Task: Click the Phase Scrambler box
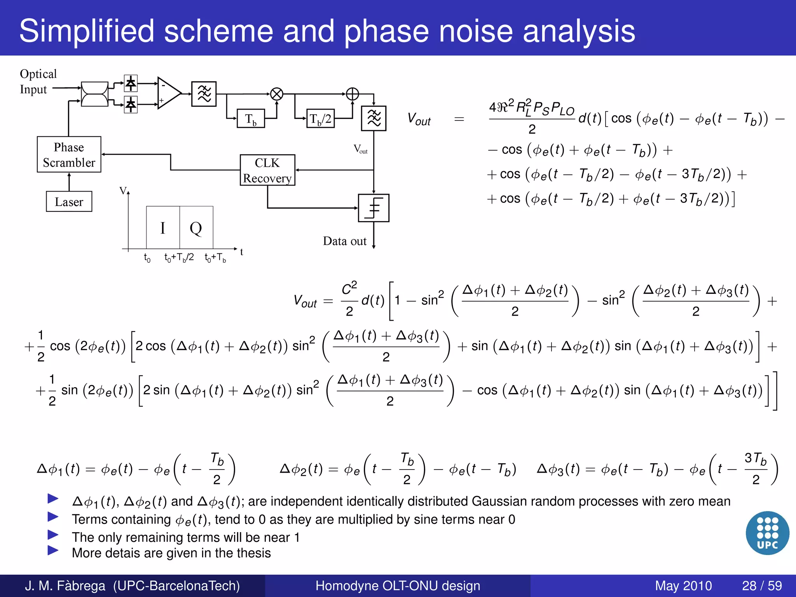tap(69, 154)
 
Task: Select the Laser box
tap(69, 201)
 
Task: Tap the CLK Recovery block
tap(267, 170)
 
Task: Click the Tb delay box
tap(251, 119)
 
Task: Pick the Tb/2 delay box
tap(320, 119)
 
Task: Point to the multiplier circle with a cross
tap(277, 94)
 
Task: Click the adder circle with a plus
tap(352, 94)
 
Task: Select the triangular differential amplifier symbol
tap(168, 93)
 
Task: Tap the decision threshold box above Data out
tap(374, 208)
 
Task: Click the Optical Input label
tap(38, 81)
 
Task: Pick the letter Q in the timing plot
tap(196, 228)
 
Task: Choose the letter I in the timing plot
tap(163, 228)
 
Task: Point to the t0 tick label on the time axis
tap(147, 257)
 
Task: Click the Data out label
tap(344, 241)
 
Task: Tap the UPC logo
tap(767, 533)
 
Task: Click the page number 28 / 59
tap(762, 585)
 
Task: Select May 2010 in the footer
tap(683, 585)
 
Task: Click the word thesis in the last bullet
tap(253, 553)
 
